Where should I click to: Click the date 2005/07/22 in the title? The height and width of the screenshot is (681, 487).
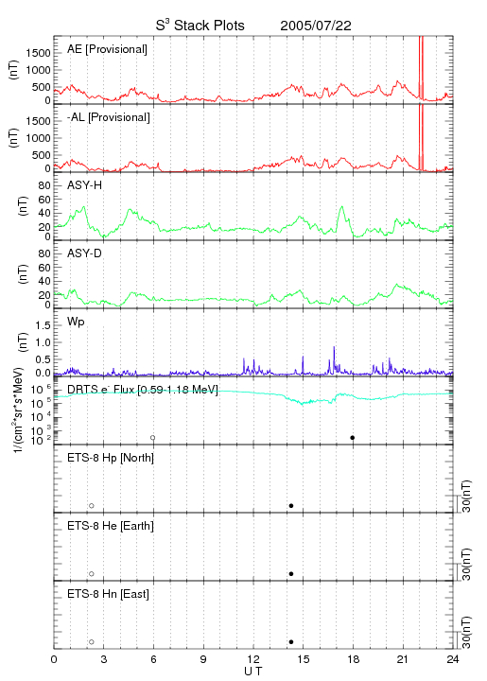[316, 26]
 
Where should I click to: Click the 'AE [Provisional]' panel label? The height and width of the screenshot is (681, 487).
[107, 49]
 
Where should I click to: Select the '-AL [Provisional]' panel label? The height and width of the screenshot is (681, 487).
[109, 117]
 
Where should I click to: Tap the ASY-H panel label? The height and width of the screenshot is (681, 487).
[85, 185]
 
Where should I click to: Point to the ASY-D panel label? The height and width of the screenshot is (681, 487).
[85, 253]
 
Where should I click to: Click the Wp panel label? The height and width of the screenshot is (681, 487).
[76, 323]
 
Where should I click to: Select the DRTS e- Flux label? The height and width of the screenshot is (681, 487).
[143, 390]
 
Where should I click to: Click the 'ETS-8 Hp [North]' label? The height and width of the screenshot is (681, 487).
[111, 458]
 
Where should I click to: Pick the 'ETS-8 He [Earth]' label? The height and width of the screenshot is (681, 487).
[111, 526]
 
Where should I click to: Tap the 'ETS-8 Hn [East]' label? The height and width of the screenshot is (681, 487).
[108, 594]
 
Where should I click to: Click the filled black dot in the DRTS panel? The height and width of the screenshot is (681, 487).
[353, 438]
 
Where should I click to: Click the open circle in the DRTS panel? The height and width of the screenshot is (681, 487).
[153, 438]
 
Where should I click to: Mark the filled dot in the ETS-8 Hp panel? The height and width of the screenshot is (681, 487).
[291, 506]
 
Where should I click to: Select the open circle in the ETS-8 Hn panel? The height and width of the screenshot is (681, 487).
[92, 642]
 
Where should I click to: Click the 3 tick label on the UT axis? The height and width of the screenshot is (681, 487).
[104, 659]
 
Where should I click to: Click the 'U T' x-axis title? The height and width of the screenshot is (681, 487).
[253, 672]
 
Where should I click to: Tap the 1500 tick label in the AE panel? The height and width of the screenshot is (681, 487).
[38, 53]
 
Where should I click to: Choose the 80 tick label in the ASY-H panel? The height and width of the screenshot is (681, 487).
[44, 186]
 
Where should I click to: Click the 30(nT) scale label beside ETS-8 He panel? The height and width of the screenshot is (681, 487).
[466, 565]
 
